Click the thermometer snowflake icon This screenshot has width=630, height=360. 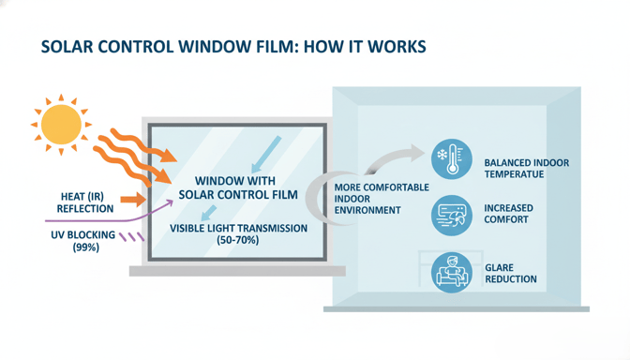(452, 159)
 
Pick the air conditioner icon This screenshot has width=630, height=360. (452, 215)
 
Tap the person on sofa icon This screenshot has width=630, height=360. (452, 273)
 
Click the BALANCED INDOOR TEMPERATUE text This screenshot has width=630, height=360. (526, 169)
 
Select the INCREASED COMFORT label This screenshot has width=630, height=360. (508, 214)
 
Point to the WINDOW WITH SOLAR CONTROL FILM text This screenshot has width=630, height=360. (238, 187)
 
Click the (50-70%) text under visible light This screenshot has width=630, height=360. (238, 240)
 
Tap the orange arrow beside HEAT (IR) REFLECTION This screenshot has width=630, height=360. (133, 199)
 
